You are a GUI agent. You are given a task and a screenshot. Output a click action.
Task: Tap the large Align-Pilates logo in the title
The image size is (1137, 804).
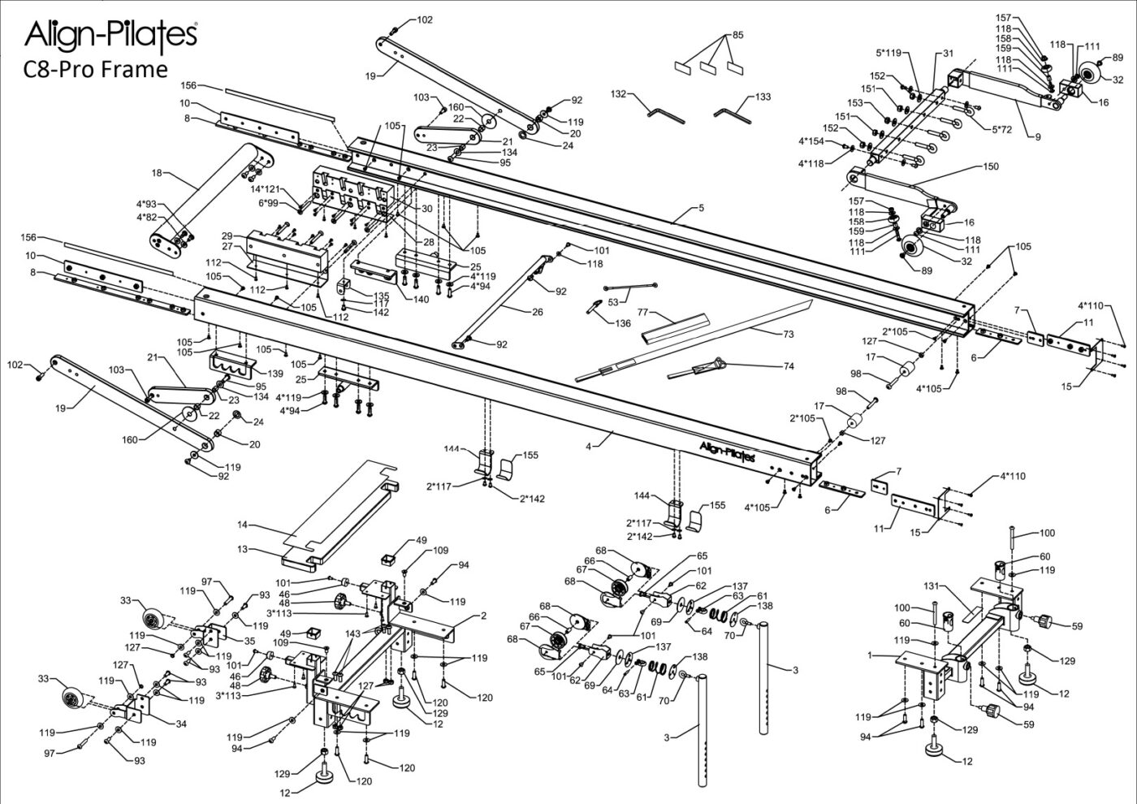tap(110, 34)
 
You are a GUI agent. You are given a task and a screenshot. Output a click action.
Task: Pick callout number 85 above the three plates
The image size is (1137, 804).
tap(737, 35)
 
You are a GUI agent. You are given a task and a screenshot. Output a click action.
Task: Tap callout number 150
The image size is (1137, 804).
tap(990, 166)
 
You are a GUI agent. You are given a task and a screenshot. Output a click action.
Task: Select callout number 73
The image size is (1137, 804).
tap(788, 334)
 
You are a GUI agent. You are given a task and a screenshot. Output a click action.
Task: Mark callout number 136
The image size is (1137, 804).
tap(623, 323)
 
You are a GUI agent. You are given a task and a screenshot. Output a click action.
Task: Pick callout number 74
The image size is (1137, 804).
tap(788, 365)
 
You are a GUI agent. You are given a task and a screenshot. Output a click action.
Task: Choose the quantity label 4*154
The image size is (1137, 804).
tap(811, 141)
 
